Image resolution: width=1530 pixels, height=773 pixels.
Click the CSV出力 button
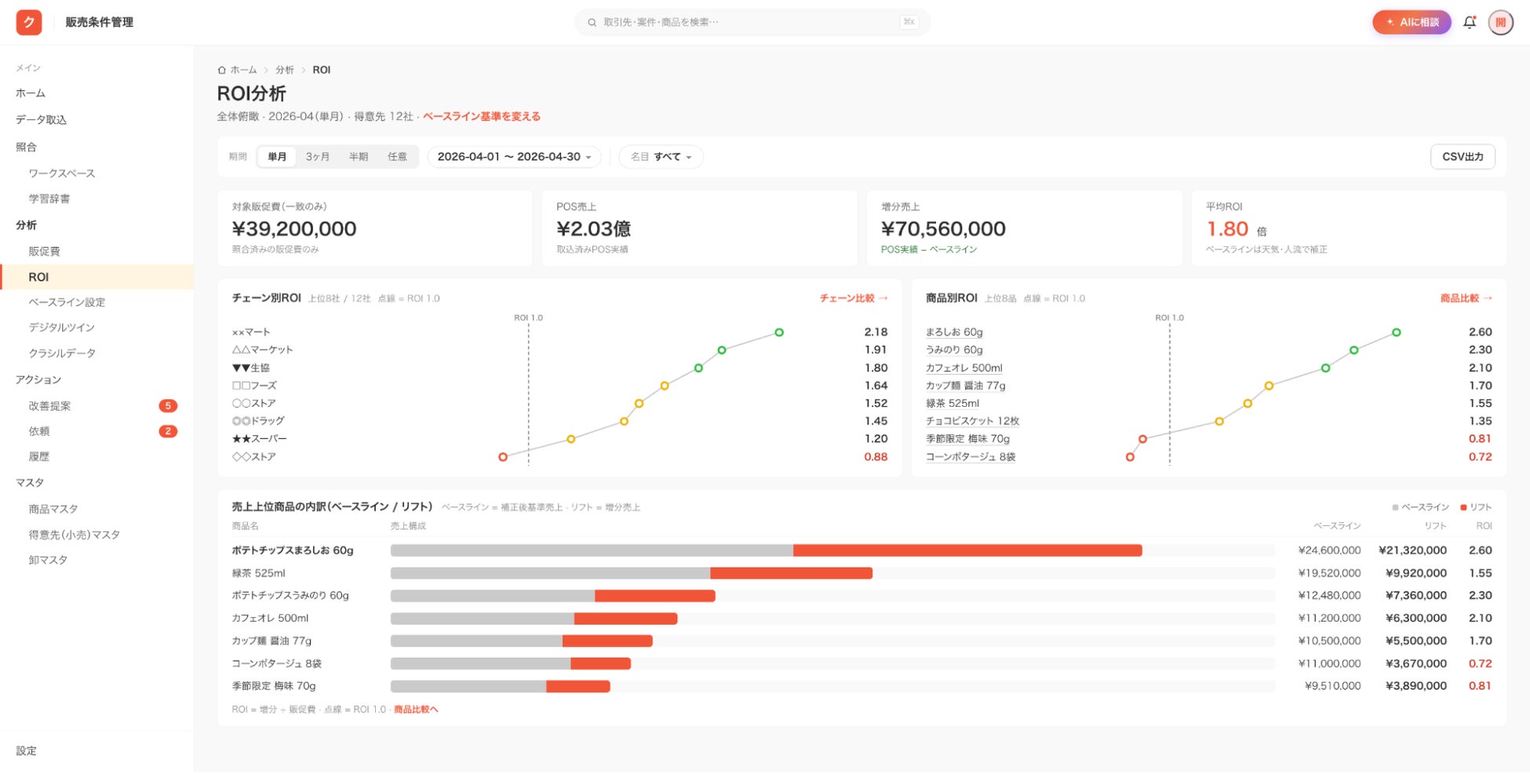[1463, 157]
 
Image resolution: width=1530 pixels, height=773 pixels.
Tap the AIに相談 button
[1412, 22]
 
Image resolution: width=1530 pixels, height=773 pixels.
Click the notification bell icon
[1470, 22]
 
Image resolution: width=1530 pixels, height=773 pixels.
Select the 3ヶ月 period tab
[318, 157]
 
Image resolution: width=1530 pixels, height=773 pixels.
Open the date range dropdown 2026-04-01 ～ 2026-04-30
[514, 157]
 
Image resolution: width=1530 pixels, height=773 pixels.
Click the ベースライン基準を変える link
[482, 117]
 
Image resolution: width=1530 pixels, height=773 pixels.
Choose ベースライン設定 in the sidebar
[67, 302]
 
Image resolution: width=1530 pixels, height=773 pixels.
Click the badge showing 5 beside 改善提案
[168, 405]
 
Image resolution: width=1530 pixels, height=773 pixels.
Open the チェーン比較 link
[854, 298]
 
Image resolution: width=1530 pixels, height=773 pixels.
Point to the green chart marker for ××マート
[779, 332]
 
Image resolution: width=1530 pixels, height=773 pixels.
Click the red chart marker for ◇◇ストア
[503, 457]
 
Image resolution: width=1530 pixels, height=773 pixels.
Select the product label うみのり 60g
[954, 350]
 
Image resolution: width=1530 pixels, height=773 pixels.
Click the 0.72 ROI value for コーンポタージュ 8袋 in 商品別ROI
[1480, 456]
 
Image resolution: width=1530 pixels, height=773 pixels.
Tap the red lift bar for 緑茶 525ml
[791, 573]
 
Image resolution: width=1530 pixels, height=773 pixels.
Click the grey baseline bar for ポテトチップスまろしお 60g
[592, 550]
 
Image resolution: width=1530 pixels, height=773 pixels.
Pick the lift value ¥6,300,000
[1415, 618]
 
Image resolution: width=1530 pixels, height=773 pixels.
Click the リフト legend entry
[1476, 507]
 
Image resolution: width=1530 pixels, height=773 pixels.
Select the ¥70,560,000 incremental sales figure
[943, 229]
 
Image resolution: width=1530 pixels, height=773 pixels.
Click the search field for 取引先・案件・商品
[752, 22]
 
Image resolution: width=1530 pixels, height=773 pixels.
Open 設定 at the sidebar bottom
[26, 750]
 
